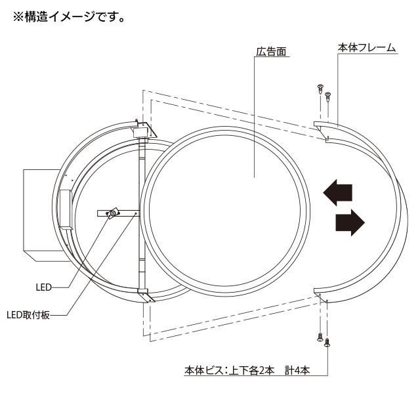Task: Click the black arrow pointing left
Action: [x=337, y=192]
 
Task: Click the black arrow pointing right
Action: [x=350, y=222]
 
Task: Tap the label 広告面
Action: [x=271, y=51]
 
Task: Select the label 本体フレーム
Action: [x=366, y=48]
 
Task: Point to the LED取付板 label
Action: [x=28, y=315]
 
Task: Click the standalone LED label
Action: [x=44, y=287]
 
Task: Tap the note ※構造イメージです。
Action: [x=69, y=17]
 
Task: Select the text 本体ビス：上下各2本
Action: [x=229, y=371]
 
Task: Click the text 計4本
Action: [x=297, y=371]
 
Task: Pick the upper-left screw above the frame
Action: [x=320, y=89]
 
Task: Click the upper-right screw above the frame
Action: [x=328, y=96]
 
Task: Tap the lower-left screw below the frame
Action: [x=320, y=337]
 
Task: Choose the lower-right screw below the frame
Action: [x=327, y=343]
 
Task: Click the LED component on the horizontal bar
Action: [x=113, y=213]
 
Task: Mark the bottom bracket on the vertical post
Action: [x=146, y=295]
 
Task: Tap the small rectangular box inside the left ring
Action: [x=66, y=210]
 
